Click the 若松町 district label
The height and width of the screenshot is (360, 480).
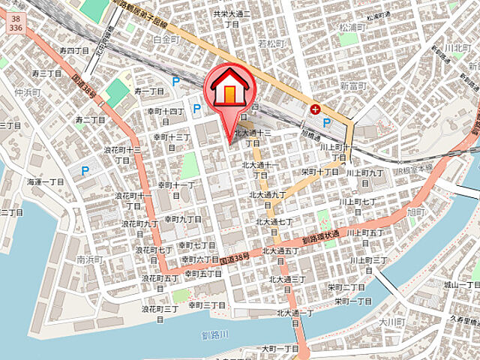[x=271, y=44]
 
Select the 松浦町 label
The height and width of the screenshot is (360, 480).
[x=352, y=26]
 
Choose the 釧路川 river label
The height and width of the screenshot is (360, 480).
[x=216, y=334]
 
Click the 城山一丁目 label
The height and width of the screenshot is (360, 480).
[x=460, y=285]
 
